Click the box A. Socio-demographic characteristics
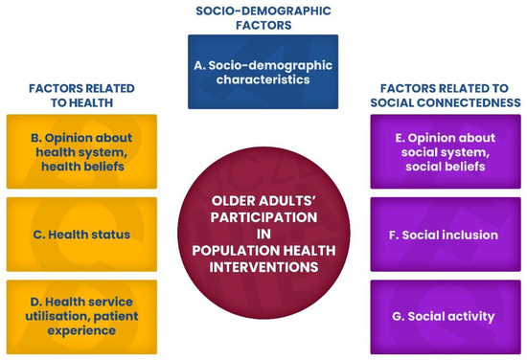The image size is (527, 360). (263, 73)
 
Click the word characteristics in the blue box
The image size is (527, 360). (263, 80)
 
